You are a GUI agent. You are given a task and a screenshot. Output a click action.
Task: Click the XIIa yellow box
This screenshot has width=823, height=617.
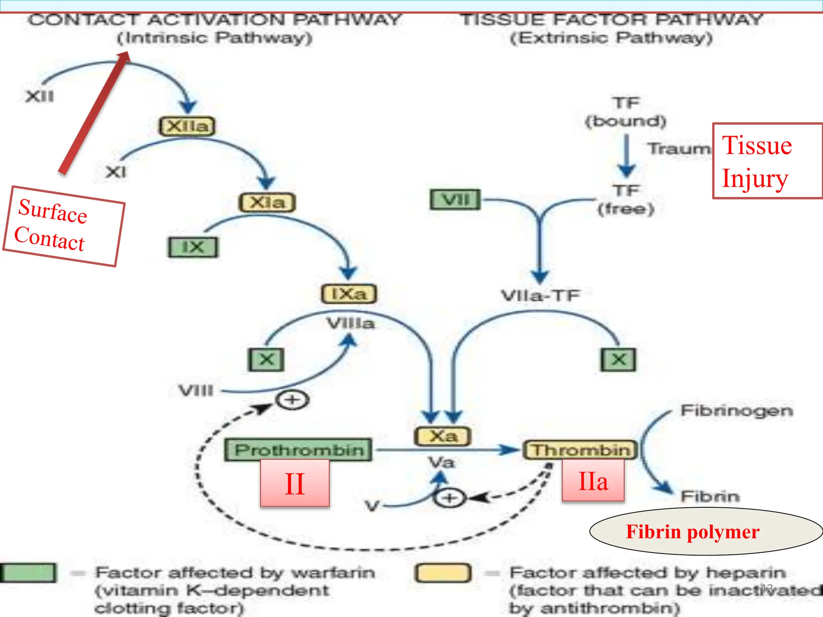click(x=187, y=127)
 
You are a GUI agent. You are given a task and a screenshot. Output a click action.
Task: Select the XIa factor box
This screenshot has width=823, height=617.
click(x=267, y=202)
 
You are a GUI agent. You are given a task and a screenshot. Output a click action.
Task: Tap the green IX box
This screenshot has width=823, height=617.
click(x=193, y=247)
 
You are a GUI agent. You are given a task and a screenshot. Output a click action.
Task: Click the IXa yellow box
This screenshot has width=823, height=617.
click(x=349, y=294)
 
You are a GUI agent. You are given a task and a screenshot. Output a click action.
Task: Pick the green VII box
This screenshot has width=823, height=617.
click(x=455, y=200)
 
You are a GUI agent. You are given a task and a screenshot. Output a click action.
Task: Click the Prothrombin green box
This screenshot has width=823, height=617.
click(x=298, y=450)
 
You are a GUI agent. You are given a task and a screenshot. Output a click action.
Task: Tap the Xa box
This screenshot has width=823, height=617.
click(x=442, y=436)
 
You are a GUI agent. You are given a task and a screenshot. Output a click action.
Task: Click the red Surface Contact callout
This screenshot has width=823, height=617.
click(x=64, y=226)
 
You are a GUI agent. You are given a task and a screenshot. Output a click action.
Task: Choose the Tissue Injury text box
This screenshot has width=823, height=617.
click(x=767, y=161)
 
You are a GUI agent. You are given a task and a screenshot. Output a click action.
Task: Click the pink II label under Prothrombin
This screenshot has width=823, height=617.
click(x=295, y=484)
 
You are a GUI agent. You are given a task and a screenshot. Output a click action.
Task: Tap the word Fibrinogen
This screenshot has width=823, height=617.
click(x=736, y=411)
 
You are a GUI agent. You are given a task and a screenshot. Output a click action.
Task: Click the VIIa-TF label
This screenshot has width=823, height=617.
click(x=540, y=296)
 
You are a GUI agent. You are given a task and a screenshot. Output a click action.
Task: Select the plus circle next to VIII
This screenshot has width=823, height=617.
click(x=293, y=400)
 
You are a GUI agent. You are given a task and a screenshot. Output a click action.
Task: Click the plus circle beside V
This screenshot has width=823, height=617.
click(x=450, y=499)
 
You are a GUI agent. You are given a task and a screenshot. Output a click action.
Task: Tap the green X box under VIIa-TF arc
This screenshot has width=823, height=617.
click(x=618, y=360)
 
